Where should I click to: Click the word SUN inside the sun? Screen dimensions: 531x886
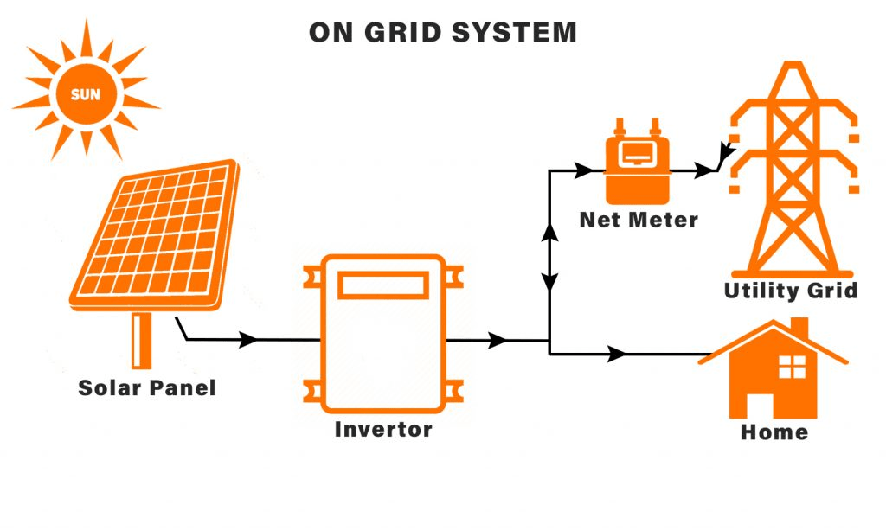[86, 95]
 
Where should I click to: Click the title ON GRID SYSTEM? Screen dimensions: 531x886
[443, 33]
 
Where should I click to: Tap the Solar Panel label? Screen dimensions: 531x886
[146, 387]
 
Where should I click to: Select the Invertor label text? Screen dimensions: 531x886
[383, 429]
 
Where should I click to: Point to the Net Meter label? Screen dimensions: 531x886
[639, 220]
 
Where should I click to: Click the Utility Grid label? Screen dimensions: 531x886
[791, 291]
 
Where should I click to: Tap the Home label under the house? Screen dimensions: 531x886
[774, 432]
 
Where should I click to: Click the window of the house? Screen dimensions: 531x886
[792, 367]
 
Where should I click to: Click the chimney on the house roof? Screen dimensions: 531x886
[799, 329]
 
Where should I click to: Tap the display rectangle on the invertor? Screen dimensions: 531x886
[383, 285]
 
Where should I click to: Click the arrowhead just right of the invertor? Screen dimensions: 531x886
[498, 341]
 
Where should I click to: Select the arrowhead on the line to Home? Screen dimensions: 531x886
[617, 354]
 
